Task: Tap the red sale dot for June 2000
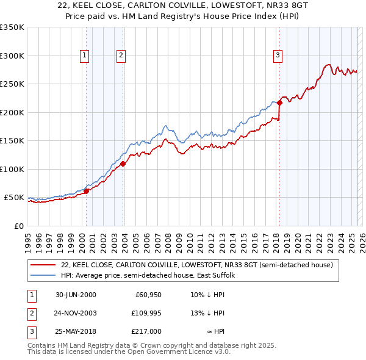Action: click(86, 191)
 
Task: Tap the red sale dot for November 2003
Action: click(123, 164)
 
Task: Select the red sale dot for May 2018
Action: click(279, 103)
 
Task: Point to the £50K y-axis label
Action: click(13, 198)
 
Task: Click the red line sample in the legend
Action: click(43, 265)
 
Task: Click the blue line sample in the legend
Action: click(43, 276)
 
